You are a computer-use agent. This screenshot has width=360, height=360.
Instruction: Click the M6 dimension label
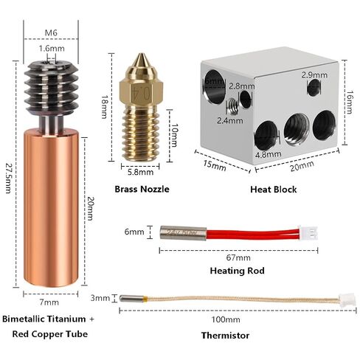[x=51, y=32]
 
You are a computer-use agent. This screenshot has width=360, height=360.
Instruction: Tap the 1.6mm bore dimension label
[x=52, y=49]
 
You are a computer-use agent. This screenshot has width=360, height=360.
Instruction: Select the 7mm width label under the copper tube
[x=49, y=302]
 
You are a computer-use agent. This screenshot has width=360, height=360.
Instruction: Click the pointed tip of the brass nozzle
[x=140, y=54]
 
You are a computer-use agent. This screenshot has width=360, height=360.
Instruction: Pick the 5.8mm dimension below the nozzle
[x=140, y=172]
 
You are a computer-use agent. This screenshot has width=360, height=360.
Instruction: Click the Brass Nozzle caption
[x=142, y=189]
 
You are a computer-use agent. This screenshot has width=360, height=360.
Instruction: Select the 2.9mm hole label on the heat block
[x=314, y=75]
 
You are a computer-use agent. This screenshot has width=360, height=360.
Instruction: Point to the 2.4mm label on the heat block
[x=230, y=120]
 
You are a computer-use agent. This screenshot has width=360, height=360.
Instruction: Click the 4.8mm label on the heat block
[x=268, y=154]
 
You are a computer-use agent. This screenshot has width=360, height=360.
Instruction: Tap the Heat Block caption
[x=274, y=190]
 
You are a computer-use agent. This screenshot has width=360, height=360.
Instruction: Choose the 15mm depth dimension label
[x=214, y=165]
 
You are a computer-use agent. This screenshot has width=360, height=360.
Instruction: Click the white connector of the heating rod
[x=308, y=232]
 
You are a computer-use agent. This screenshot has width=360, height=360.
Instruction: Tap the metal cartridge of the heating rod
[x=183, y=233]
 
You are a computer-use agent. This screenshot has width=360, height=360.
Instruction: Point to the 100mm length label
[x=226, y=319]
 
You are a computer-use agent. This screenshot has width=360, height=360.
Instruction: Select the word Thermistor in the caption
[x=225, y=336]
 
